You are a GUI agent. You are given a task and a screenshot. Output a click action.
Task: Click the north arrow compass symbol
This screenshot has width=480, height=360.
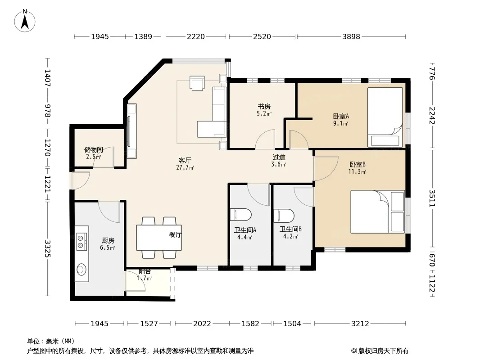(25, 21)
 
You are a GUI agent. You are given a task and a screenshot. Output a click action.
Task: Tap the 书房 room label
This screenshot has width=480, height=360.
(264, 107)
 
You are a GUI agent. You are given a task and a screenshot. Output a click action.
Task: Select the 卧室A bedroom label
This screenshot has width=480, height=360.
(341, 116)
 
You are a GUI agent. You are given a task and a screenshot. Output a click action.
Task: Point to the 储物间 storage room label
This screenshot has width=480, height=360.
(93, 149)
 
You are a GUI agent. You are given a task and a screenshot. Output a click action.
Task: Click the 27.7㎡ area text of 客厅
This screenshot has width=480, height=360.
(185, 167)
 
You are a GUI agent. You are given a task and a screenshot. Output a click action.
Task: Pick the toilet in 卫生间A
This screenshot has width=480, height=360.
(240, 215)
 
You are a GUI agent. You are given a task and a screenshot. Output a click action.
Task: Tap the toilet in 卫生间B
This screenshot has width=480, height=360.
(284, 216)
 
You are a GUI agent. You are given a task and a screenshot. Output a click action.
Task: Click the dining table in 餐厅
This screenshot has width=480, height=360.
(159, 237)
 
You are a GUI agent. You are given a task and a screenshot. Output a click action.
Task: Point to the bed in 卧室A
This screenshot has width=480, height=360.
(385, 117)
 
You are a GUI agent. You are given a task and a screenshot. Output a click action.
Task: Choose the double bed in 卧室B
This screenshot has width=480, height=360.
(378, 211)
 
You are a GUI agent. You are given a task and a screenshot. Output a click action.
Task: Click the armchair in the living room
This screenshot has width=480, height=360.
(197, 83)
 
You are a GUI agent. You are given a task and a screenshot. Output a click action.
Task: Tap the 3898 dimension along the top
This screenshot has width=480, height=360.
(351, 37)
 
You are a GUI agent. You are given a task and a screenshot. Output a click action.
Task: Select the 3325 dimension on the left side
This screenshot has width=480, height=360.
(47, 249)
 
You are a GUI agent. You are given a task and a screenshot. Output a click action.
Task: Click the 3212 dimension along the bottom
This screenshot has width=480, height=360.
(360, 324)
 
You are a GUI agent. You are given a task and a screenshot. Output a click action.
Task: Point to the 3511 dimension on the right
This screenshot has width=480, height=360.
(432, 198)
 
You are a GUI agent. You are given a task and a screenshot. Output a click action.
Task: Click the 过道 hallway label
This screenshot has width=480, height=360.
(279, 157)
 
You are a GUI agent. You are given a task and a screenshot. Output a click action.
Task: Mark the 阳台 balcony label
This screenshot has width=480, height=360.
(145, 271)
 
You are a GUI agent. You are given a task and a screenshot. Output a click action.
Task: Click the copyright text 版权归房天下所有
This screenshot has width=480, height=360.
(383, 351)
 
